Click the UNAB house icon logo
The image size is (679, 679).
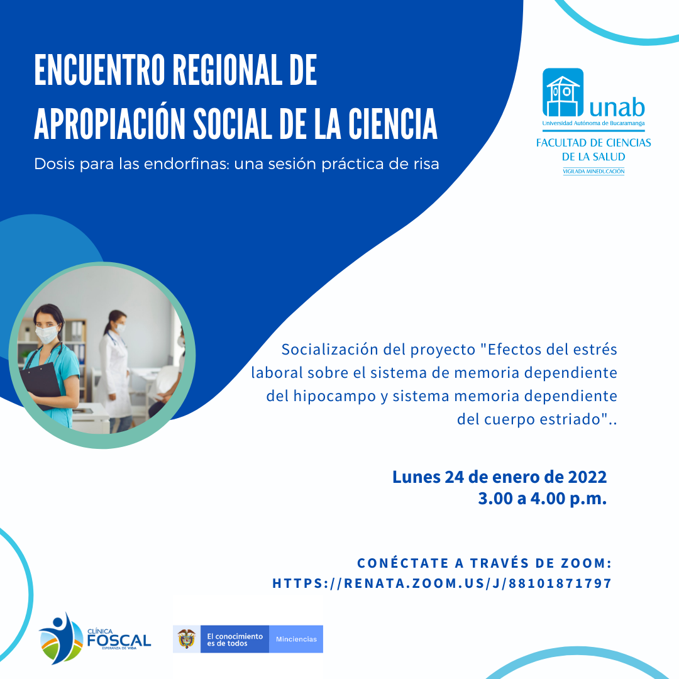pyautogui.click(x=563, y=92)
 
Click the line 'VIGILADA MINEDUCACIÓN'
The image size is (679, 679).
pyautogui.click(x=593, y=172)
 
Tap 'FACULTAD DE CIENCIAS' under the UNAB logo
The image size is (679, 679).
pyautogui.click(x=593, y=143)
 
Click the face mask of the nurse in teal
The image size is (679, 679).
pyautogui.click(x=47, y=334)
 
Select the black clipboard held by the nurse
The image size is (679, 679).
pyautogui.click(x=41, y=384)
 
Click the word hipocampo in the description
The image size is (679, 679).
pyautogui.click(x=334, y=396)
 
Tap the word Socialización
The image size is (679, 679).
pyautogui.click(x=329, y=350)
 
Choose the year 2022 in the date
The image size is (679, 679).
pyautogui.click(x=587, y=477)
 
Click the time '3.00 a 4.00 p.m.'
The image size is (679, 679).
pyautogui.click(x=542, y=499)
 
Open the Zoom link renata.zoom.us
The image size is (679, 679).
pyautogui.click(x=442, y=583)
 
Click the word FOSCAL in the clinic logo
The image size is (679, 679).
pyautogui.click(x=119, y=641)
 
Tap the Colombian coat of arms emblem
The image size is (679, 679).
pyautogui.click(x=187, y=639)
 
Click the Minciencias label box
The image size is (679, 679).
pyautogui.click(x=296, y=639)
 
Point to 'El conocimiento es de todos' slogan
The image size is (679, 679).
pyautogui.click(x=235, y=639)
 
